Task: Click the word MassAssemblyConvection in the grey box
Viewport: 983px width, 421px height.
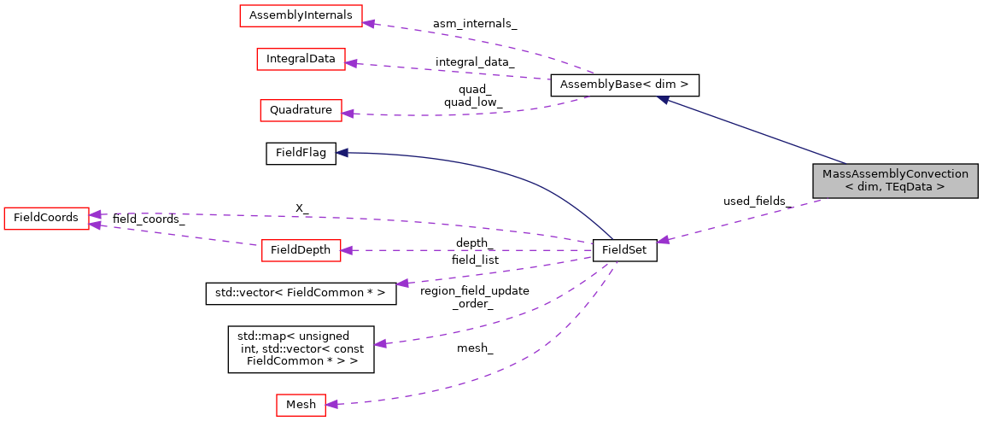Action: (895, 173)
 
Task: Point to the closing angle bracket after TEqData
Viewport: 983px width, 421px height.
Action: (940, 187)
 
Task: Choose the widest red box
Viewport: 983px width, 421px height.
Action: (301, 15)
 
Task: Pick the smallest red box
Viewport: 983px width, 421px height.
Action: (301, 405)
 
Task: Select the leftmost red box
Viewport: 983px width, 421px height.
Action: (46, 219)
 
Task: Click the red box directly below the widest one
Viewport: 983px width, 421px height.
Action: (301, 59)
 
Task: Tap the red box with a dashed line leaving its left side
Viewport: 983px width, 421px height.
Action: (301, 250)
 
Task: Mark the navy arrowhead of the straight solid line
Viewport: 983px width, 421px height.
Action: (663, 100)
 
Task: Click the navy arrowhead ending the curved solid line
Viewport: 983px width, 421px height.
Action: (341, 153)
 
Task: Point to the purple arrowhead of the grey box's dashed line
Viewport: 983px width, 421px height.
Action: (663, 241)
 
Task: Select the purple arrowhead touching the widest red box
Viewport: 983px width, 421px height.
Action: (369, 22)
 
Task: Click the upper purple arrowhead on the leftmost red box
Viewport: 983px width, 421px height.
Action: (96, 213)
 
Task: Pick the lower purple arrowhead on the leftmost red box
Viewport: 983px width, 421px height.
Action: (96, 225)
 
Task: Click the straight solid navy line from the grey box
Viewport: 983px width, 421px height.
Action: (752, 131)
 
